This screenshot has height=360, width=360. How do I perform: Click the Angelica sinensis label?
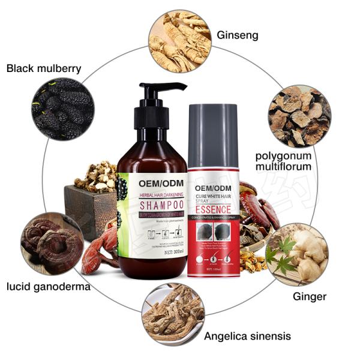pyautogui.click(x=247, y=336)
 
